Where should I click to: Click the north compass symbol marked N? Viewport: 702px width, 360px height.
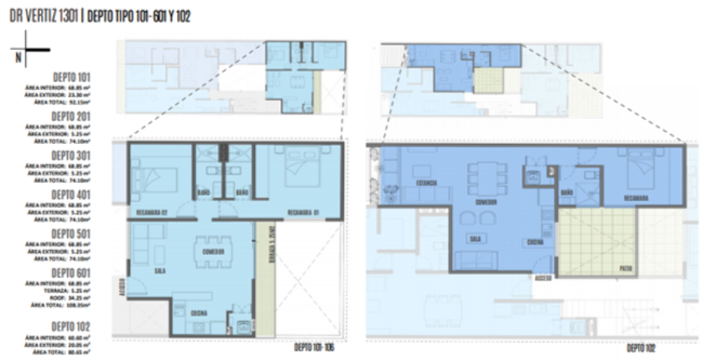tap(26, 53)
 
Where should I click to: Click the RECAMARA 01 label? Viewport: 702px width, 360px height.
tap(304, 212)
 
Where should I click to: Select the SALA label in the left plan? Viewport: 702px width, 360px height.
tap(159, 270)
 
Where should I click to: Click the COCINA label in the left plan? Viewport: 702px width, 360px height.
tap(199, 313)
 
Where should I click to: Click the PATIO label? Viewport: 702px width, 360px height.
tap(625, 267)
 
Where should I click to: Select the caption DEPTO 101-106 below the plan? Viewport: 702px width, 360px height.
tap(313, 347)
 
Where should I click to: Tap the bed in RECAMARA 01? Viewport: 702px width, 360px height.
tap(299, 170)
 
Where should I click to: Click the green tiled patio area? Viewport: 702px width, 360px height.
tap(596, 240)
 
